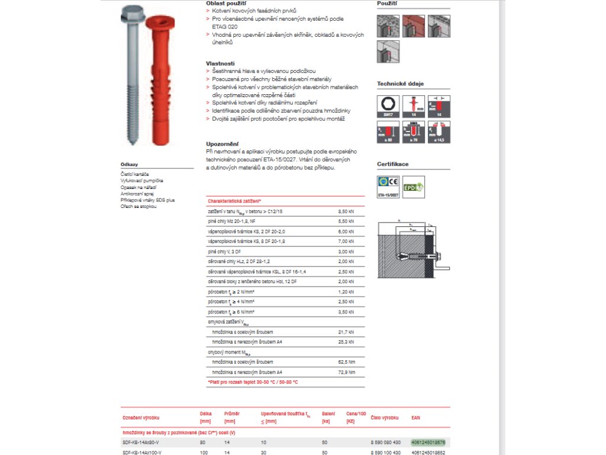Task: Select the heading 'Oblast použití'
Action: click(223, 3)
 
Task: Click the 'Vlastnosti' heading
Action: click(220, 63)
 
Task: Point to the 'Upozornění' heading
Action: click(222, 143)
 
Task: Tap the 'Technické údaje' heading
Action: click(400, 84)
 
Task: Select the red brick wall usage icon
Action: click(413, 26)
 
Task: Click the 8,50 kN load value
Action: click(345, 211)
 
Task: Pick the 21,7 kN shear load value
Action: click(346, 332)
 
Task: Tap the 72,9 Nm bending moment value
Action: click(347, 372)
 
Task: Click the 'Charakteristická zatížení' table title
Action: click(234, 201)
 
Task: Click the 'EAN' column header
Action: click(416, 417)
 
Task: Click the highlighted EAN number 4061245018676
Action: click(428, 442)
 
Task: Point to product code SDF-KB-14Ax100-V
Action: click(141, 453)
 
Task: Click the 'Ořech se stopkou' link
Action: click(138, 206)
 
